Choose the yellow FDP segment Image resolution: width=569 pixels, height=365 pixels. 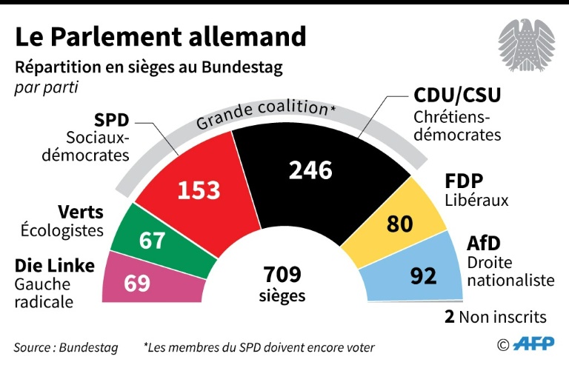tap(404, 218)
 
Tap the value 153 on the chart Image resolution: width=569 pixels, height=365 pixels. tap(199, 190)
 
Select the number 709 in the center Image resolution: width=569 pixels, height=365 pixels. tap(282, 275)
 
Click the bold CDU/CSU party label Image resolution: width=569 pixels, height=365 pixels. tap(457, 96)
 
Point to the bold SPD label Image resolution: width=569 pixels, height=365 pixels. tap(112, 120)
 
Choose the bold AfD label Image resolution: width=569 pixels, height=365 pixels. tap(484, 243)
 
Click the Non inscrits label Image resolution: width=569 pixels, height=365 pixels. tap(502, 318)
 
